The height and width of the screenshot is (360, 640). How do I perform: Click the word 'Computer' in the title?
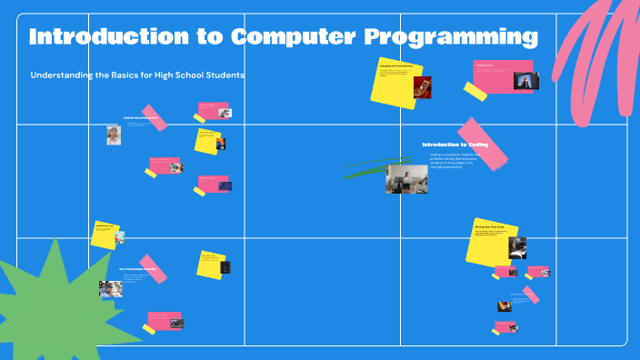tap(293, 37)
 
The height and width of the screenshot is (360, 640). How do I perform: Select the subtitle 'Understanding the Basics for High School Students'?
tap(138, 75)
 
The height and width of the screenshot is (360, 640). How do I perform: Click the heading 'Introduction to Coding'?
tap(455, 145)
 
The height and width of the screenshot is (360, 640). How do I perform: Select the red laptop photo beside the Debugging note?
tap(422, 87)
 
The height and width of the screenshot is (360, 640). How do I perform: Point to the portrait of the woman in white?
tap(113, 135)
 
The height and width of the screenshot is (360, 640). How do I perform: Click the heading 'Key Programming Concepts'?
tap(137, 269)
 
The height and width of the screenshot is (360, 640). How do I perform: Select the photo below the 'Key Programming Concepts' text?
tap(111, 289)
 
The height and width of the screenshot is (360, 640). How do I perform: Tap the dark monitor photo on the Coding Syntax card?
tap(523, 80)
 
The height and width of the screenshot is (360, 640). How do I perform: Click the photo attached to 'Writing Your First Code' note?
tap(516, 247)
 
